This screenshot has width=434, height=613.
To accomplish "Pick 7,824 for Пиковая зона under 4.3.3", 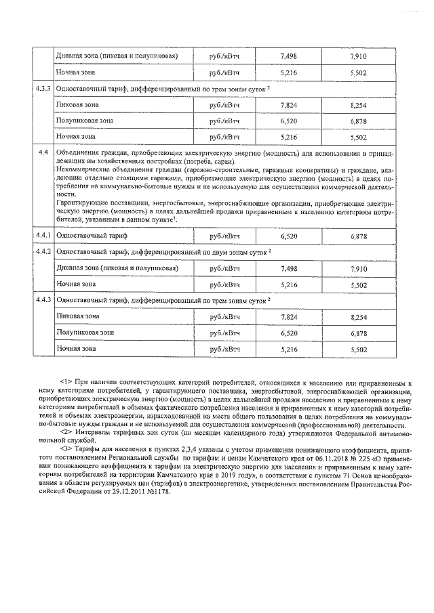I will pos(289,106).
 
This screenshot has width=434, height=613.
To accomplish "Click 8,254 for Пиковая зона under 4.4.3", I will pos(359,316).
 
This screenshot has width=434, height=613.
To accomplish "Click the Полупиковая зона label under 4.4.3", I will pos(85,333).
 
